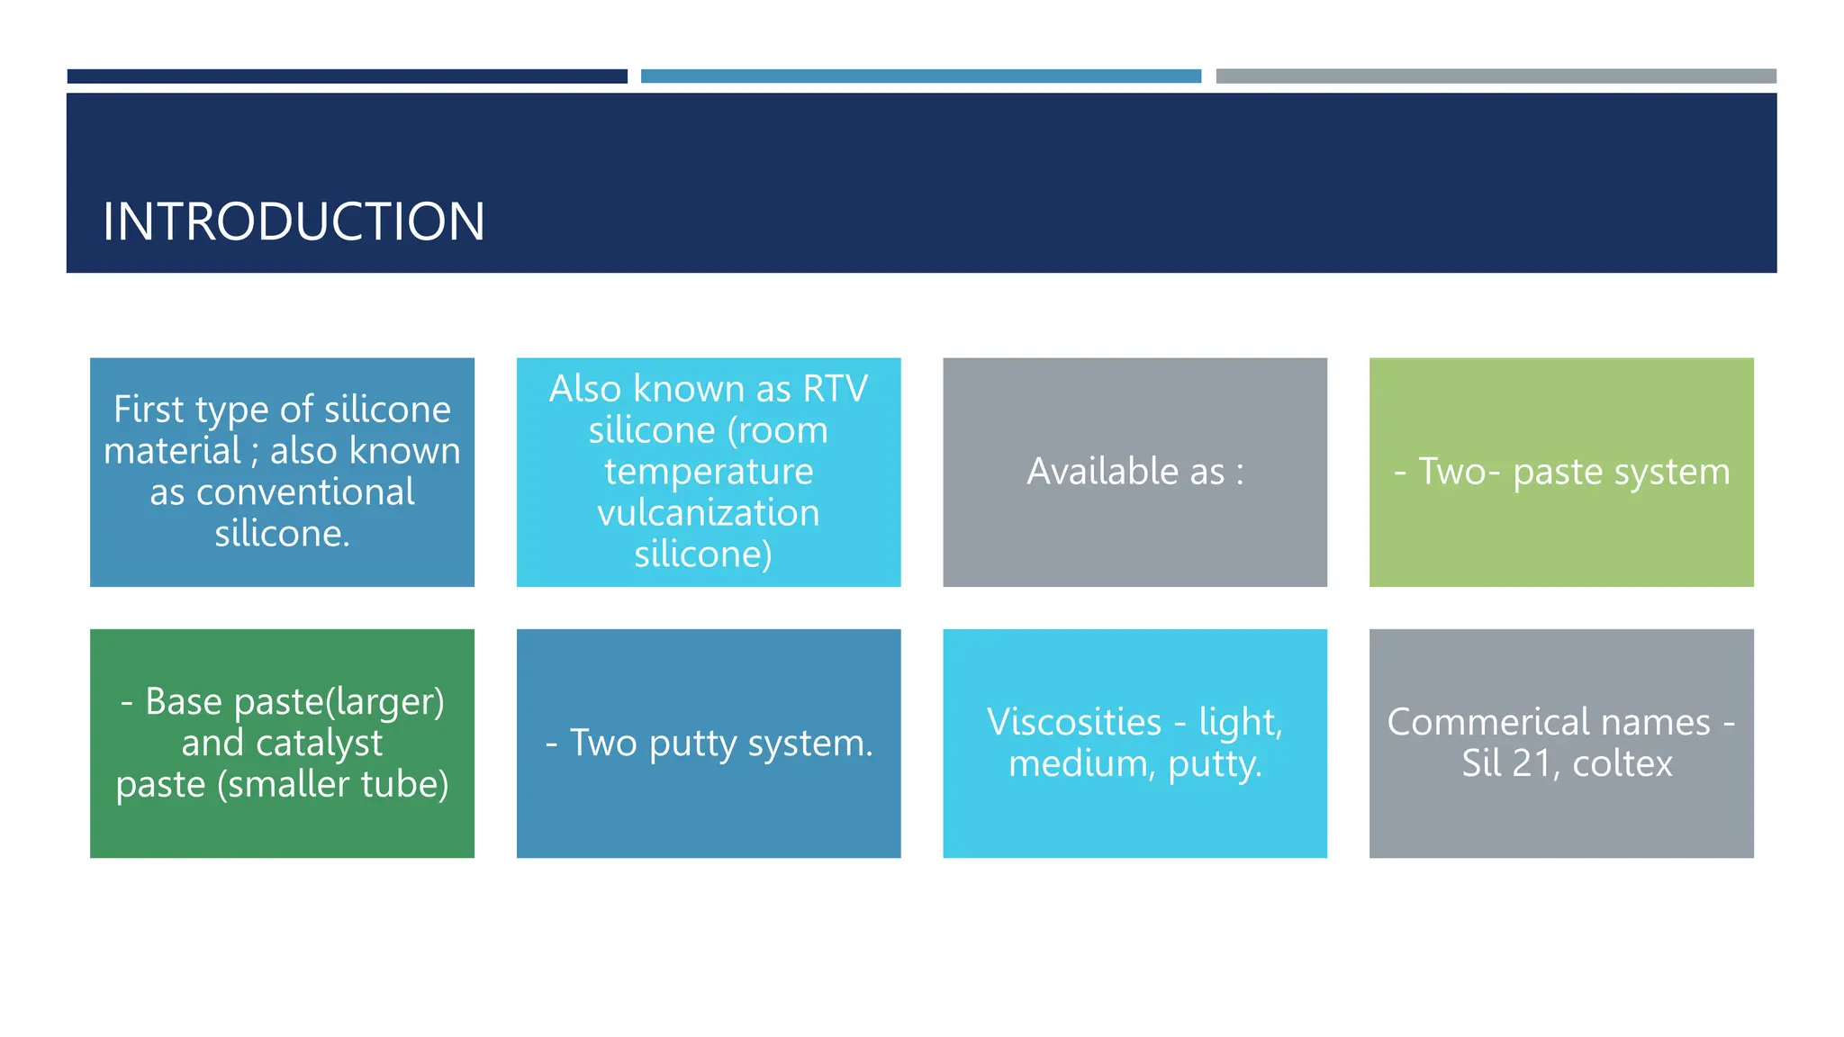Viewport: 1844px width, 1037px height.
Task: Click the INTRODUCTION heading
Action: (294, 221)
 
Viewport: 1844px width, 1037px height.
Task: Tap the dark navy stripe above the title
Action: (347, 77)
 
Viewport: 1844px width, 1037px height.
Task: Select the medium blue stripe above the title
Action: (920, 77)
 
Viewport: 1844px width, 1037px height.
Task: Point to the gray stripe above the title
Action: (1496, 77)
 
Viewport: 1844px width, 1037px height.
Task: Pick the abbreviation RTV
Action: (835, 389)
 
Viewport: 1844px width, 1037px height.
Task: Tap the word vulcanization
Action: (708, 513)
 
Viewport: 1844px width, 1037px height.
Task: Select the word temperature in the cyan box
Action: (708, 472)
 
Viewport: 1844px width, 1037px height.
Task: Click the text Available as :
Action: (1134, 472)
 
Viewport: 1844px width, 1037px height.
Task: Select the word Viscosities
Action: (1073, 722)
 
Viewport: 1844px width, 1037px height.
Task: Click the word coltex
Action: (1622, 763)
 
